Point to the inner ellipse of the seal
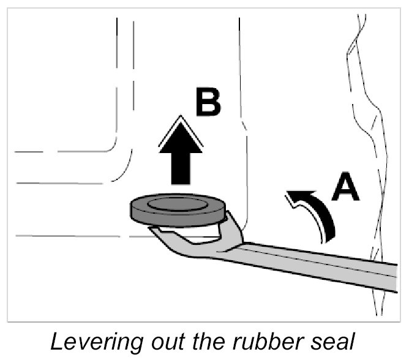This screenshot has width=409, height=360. pyautogui.click(x=178, y=204)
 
